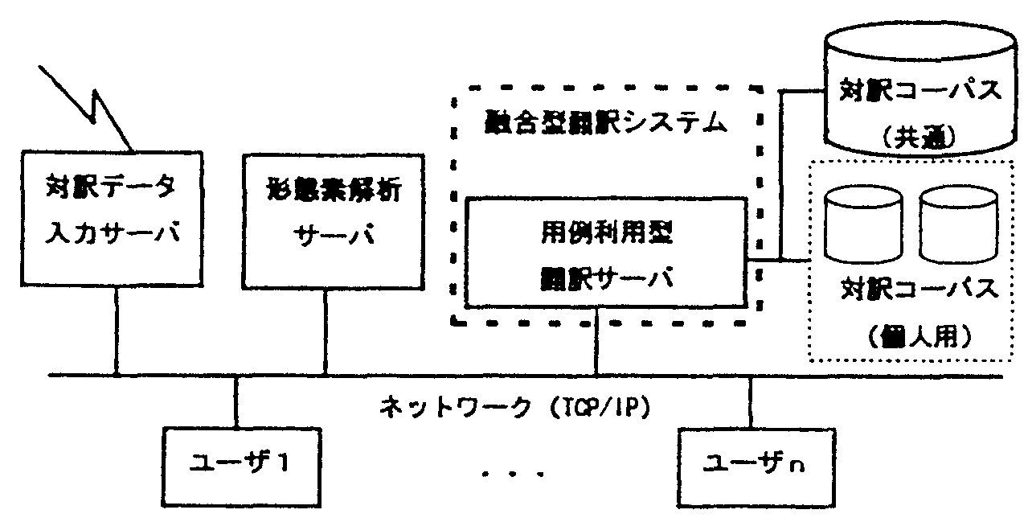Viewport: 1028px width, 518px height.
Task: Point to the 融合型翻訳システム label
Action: pos(607,123)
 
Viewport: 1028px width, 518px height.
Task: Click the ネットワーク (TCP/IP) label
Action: pos(514,405)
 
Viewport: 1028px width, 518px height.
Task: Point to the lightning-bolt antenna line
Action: pos(88,105)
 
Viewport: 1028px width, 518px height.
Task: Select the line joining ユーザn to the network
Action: pos(750,402)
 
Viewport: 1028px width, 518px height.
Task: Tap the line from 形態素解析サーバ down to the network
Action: pos(326,331)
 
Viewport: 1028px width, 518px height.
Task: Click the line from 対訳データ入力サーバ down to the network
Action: pos(117,331)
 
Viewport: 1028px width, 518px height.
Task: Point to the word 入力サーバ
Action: pos(109,236)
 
